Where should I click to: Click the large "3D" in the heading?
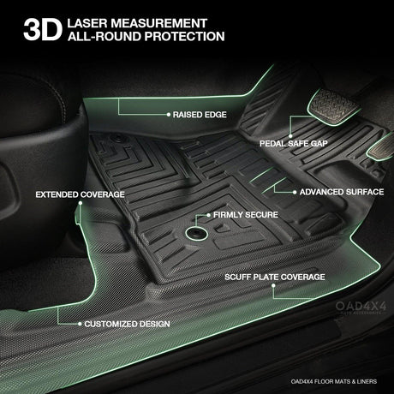[43, 30]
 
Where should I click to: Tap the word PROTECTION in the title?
[184, 37]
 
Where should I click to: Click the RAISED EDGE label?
[200, 115]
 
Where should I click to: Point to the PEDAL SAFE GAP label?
[294, 143]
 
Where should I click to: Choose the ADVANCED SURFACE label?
[342, 192]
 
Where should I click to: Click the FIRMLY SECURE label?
[246, 215]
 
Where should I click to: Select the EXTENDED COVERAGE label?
[80, 194]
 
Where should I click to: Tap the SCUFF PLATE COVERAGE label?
[275, 277]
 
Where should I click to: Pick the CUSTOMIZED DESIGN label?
[127, 324]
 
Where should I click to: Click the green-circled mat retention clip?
[196, 233]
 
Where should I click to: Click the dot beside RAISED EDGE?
[169, 115]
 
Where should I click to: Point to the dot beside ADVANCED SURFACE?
[295, 192]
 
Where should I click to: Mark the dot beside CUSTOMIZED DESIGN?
[80, 324]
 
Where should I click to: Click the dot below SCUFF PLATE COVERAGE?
[273, 285]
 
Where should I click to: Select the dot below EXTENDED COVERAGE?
[81, 203]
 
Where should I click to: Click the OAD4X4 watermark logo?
[361, 307]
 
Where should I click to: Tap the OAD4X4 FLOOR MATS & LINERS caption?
[334, 381]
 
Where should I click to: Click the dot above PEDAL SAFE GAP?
[290, 136]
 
